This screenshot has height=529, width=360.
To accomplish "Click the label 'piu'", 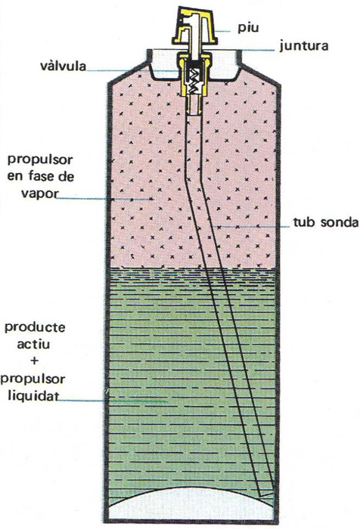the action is (x=248, y=27).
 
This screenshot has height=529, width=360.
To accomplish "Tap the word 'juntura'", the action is (x=304, y=45).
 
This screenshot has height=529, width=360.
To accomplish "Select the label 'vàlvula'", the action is (x=64, y=66).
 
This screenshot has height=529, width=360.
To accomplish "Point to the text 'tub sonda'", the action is (x=325, y=223).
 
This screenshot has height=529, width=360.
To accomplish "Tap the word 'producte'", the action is (x=35, y=327).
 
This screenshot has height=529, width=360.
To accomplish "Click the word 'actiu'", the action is (x=33, y=344).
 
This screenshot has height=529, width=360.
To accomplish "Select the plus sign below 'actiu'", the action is (x=35, y=361).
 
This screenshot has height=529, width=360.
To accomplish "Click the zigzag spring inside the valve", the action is (x=193, y=81).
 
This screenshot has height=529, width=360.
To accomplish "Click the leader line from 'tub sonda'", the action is (x=252, y=227).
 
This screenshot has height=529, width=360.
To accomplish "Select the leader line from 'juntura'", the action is (x=258, y=50).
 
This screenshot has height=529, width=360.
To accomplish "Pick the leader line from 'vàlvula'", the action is (x=132, y=71).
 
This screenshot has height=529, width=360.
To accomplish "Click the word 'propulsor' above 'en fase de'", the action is (x=40, y=159).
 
